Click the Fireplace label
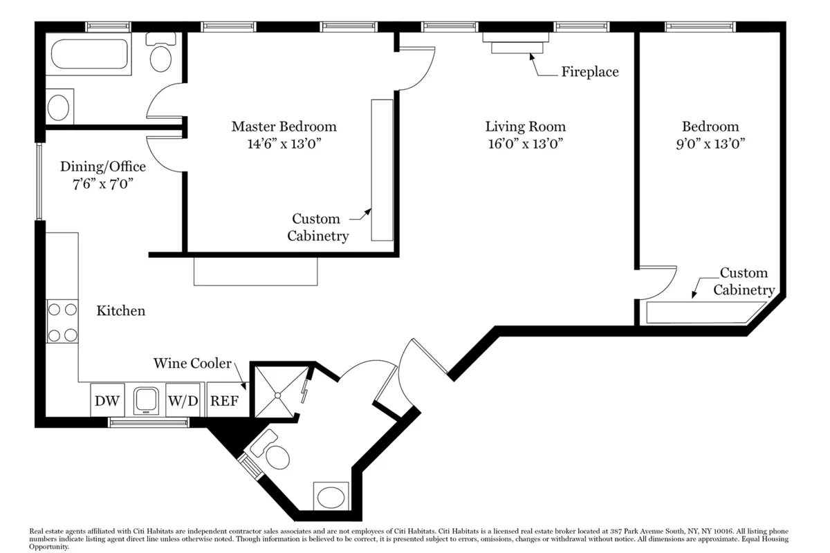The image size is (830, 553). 589,72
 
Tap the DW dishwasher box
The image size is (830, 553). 107,401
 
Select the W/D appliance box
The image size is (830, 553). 183,401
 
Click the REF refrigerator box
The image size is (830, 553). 225,401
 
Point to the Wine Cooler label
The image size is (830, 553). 192,364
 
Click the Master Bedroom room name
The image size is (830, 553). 284,126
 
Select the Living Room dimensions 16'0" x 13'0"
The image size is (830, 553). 525,144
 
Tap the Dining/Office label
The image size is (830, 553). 102,167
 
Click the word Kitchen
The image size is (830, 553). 120,310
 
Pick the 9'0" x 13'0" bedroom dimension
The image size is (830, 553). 710,144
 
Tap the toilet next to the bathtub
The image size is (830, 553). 160,54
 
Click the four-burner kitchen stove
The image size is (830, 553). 62,322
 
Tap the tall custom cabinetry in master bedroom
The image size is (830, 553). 382,170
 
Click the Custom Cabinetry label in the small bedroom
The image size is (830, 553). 744,281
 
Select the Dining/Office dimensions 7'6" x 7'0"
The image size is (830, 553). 102,184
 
